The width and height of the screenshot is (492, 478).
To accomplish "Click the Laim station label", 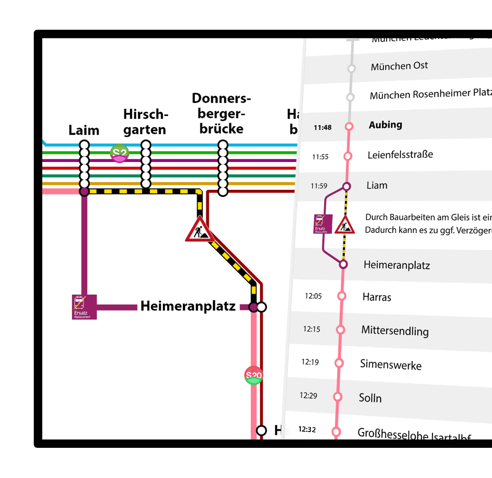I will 84,130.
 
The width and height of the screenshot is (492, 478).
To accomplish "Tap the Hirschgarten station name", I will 145,122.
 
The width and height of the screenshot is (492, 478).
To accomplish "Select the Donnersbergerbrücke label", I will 221,113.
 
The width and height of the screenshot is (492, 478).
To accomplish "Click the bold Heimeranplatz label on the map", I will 188,306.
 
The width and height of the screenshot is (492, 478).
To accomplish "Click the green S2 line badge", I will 119,154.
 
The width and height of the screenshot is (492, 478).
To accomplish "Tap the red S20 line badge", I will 254,375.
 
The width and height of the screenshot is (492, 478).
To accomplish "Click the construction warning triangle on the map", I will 200,230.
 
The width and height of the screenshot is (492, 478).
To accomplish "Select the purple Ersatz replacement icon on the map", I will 84,307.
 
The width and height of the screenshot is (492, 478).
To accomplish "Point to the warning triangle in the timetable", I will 344,226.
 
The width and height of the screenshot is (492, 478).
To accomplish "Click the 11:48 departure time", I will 322,127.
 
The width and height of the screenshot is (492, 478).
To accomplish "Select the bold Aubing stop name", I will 385,125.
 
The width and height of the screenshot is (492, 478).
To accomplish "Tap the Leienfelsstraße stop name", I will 400,155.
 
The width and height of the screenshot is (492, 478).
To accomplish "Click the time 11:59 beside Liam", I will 319,186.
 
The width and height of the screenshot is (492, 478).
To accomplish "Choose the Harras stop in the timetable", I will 377,297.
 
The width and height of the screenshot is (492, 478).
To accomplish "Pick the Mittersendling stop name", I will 395,331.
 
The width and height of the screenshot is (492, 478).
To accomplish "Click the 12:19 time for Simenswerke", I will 310,362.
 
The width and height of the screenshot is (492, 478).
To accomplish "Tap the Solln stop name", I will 370,398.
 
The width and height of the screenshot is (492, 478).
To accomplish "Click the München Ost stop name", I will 399,66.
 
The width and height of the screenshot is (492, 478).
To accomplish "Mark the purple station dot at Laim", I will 84,191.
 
